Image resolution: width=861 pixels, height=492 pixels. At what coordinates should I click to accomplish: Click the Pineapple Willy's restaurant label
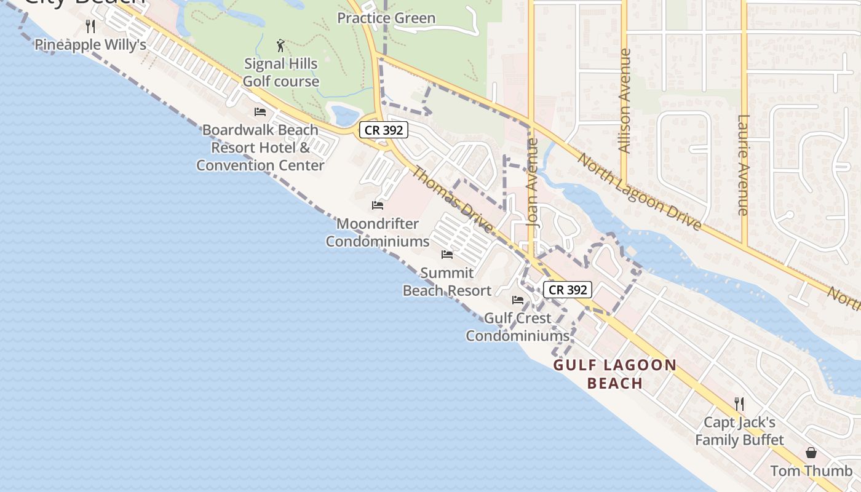[x=90, y=45]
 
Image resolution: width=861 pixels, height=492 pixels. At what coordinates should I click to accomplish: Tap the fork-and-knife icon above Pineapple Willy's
[x=90, y=26]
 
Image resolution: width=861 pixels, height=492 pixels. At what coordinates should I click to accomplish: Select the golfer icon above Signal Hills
[x=281, y=46]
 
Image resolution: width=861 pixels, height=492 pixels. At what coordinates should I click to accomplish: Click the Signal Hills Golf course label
[x=281, y=73]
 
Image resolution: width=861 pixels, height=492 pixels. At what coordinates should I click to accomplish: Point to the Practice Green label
[x=386, y=18]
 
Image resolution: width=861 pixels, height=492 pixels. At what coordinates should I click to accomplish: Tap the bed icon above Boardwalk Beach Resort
[x=260, y=112]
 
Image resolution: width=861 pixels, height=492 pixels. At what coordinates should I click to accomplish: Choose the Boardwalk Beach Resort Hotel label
[x=260, y=148]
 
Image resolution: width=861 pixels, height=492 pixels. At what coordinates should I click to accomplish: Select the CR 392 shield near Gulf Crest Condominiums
[x=568, y=290]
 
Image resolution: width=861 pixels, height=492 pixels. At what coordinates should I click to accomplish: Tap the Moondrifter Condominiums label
[x=378, y=232]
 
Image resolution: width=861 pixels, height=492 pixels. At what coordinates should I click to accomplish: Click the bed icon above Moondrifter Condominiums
[x=378, y=205]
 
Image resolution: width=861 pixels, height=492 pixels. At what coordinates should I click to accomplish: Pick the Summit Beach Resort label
[x=447, y=282]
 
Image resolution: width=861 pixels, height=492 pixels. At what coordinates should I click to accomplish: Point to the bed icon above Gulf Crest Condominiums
[x=518, y=300]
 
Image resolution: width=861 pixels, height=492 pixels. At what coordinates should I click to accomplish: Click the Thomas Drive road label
[x=452, y=200]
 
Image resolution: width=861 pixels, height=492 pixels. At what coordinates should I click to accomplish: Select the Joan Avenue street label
[x=533, y=183]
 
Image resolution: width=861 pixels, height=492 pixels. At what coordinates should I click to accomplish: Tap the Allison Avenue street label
[x=625, y=101]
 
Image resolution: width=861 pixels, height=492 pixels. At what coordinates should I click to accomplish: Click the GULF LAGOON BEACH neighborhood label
[x=615, y=374]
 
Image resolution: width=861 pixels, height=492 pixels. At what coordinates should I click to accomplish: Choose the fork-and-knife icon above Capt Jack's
[x=739, y=404]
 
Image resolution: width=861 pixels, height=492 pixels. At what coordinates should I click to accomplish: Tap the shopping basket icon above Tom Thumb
[x=811, y=453]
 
